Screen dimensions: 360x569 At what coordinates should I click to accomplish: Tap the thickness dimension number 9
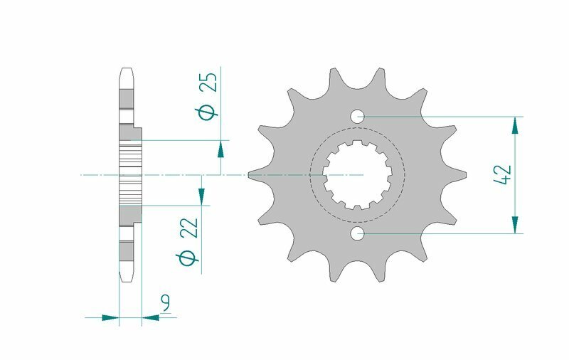(x=165, y=305)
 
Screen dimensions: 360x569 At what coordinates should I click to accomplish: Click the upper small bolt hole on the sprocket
(x=357, y=115)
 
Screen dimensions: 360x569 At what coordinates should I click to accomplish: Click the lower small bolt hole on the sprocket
(x=357, y=233)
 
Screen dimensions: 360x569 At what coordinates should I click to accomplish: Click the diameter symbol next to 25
(x=208, y=112)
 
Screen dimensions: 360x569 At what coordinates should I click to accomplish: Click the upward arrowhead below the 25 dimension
(x=221, y=149)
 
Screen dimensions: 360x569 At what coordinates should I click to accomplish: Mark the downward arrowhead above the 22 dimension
(x=201, y=196)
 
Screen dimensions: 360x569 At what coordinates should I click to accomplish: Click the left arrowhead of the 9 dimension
(x=110, y=317)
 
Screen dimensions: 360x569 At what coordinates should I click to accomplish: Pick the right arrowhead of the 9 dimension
(x=150, y=317)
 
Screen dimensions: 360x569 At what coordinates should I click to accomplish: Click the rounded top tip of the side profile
(x=127, y=71)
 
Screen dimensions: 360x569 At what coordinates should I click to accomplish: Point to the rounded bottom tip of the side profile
(x=127, y=277)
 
